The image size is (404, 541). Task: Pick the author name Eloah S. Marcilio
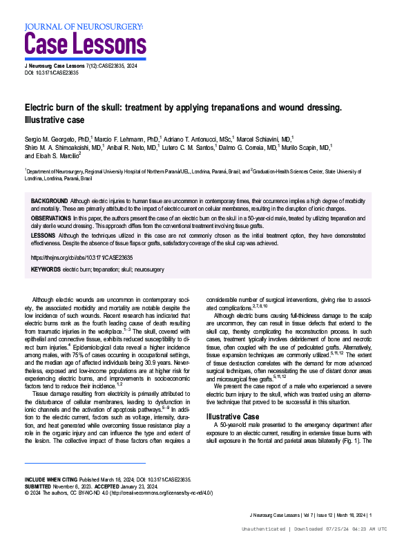[x=58, y=156]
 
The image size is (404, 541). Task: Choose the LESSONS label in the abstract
[x=44, y=235]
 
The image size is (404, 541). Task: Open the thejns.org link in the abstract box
[x=82, y=257]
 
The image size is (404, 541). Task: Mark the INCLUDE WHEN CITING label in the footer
[x=51, y=479]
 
